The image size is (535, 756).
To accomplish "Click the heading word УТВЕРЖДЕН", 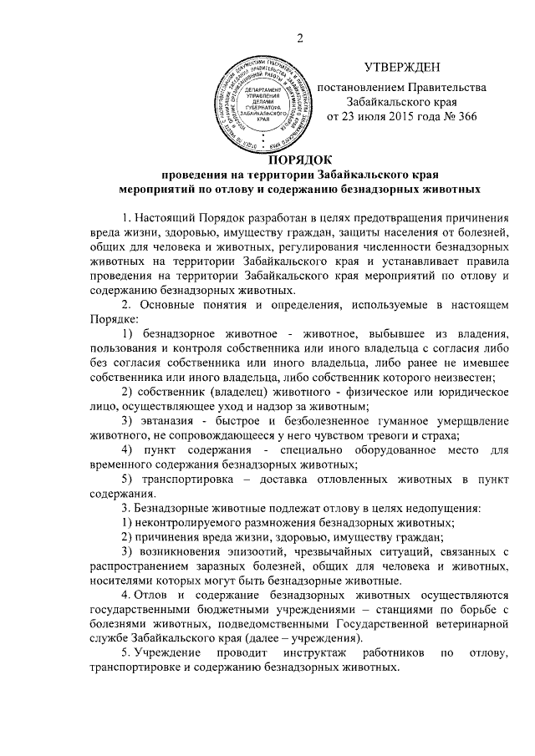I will (x=401, y=67).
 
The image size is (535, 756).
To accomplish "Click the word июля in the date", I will (x=369, y=116).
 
